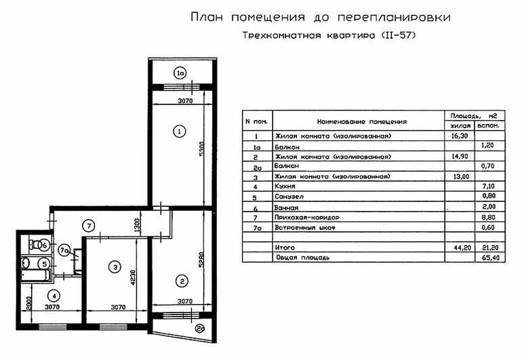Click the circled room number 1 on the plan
179,132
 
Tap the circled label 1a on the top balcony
180,73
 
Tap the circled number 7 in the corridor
89,226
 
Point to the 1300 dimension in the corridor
138,224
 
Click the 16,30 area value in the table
460,136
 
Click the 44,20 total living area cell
460,249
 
